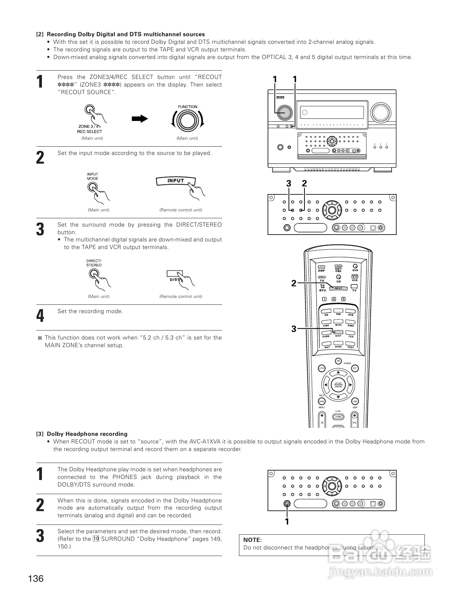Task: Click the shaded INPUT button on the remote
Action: pyautogui.click(x=338, y=289)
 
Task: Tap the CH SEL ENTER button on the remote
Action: pyautogui.click(x=338, y=385)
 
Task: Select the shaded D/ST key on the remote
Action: pyautogui.click(x=338, y=332)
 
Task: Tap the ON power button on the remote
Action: pyautogui.click(x=338, y=361)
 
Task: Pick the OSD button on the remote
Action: pyautogui.click(x=355, y=401)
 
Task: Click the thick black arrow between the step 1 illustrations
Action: pyautogui.click(x=140, y=119)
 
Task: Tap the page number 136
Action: pyautogui.click(x=36, y=578)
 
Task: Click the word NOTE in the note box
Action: pyautogui.click(x=252, y=540)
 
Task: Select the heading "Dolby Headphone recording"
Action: pyautogui.click(x=87, y=434)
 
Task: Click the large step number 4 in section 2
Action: pyautogui.click(x=40, y=316)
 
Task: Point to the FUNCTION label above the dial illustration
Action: pyautogui.click(x=187, y=107)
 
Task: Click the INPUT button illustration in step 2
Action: pyautogui.click(x=176, y=181)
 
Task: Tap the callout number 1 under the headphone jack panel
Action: pyautogui.click(x=287, y=521)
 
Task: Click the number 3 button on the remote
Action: pyautogui.click(x=343, y=299)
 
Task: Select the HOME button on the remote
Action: pyautogui.click(x=338, y=417)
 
